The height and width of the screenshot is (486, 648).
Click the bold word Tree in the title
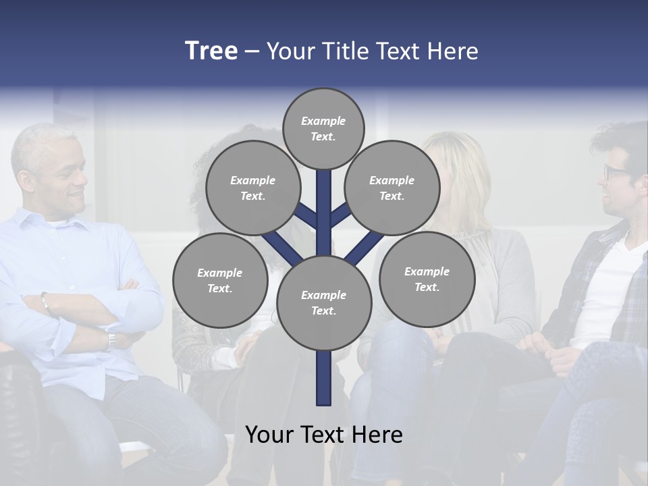tap(211, 51)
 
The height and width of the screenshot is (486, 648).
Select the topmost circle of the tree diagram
tap(323, 128)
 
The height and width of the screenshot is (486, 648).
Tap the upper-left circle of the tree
tap(252, 188)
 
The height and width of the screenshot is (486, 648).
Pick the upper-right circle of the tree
tap(391, 188)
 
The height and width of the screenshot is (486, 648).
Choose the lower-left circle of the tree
tap(220, 280)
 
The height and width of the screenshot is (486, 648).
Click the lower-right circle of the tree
tap(427, 279)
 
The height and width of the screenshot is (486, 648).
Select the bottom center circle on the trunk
tap(324, 303)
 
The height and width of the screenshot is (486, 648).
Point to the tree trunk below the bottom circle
tap(324, 378)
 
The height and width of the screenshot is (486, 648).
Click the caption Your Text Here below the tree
tap(324, 435)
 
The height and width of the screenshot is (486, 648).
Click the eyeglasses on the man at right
tap(615, 172)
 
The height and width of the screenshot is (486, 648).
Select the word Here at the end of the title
tap(455, 51)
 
